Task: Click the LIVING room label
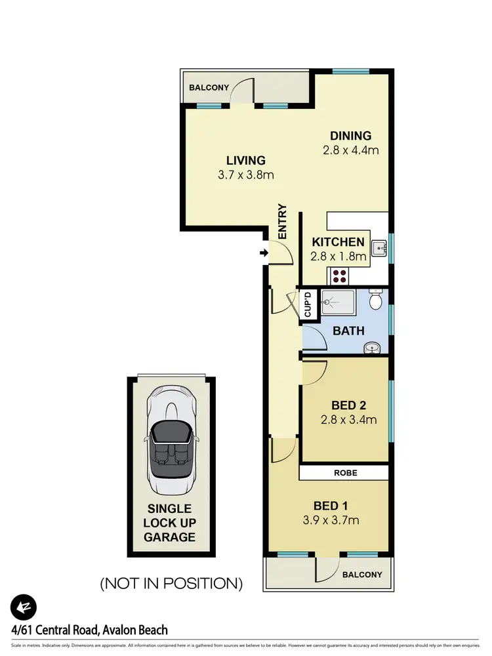(x=246, y=160)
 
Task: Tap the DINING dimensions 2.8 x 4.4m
(x=351, y=150)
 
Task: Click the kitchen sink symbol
(x=379, y=248)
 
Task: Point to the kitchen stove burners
(x=340, y=275)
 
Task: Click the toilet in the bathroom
(x=375, y=300)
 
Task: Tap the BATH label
(x=348, y=331)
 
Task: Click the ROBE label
(x=344, y=472)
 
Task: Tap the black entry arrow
(x=264, y=253)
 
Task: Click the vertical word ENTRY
(x=283, y=221)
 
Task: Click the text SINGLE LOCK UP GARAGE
(x=170, y=523)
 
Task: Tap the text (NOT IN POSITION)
(x=171, y=583)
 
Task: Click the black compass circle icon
(x=24, y=607)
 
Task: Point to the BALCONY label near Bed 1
(x=362, y=575)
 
